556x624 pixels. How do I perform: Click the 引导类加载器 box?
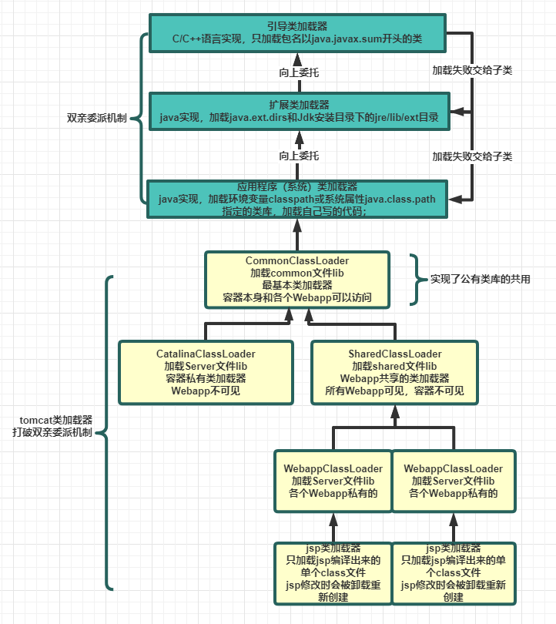[x=298, y=32]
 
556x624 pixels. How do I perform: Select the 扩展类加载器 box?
[x=298, y=112]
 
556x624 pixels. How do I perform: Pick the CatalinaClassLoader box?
[x=206, y=371]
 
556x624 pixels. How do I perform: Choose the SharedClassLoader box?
[x=394, y=371]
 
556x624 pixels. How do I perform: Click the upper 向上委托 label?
[x=298, y=72]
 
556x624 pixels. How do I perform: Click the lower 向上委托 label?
[x=298, y=156]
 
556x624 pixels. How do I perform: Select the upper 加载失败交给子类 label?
[x=472, y=69]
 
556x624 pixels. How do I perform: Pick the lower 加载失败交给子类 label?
[x=472, y=156]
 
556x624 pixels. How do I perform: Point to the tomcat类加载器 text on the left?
[x=56, y=420]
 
